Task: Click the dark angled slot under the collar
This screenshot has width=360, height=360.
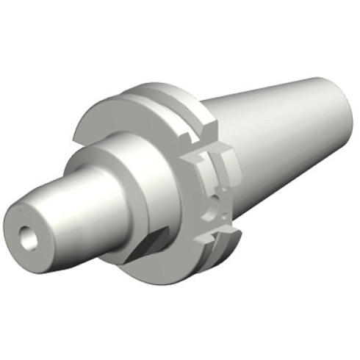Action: click(x=150, y=246)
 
